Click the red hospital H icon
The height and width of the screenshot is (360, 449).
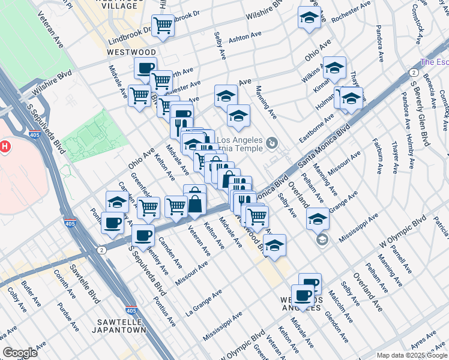coord(5,146)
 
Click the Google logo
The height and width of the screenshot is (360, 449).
coord(20,352)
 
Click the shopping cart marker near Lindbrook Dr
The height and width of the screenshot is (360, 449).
coord(163,25)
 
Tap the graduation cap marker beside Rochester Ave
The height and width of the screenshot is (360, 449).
coord(309,17)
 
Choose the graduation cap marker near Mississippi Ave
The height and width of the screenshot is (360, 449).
coord(318,218)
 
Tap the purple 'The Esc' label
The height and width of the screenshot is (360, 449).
coord(435,62)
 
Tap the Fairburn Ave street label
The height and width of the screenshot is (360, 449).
coord(377,155)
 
